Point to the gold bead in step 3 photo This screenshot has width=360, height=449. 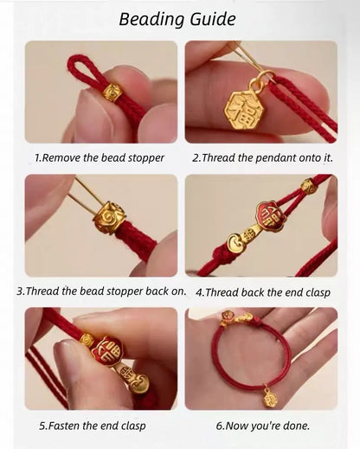click(x=110, y=214)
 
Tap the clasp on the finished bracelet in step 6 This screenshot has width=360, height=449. click(x=236, y=321)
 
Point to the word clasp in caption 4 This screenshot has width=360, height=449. click(x=313, y=292)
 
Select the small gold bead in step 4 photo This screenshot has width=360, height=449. click(x=308, y=185)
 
